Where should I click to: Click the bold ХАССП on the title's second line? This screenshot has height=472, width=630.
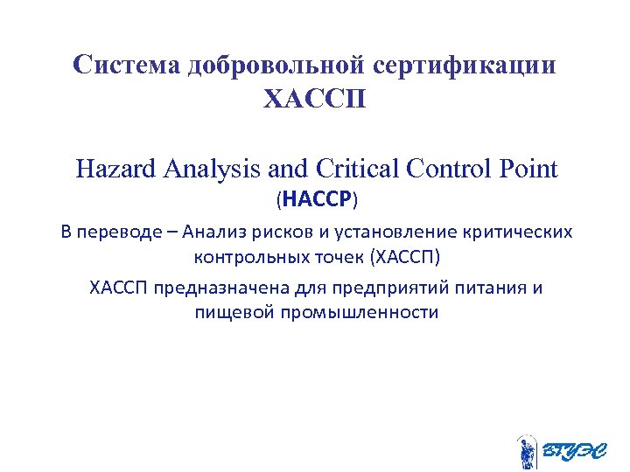[314, 99]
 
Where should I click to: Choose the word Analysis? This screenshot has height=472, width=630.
[206, 168]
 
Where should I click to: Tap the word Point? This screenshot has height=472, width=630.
[528, 168]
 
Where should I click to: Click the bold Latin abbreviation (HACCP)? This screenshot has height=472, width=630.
[317, 200]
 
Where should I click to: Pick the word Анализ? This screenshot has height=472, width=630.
[213, 232]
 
